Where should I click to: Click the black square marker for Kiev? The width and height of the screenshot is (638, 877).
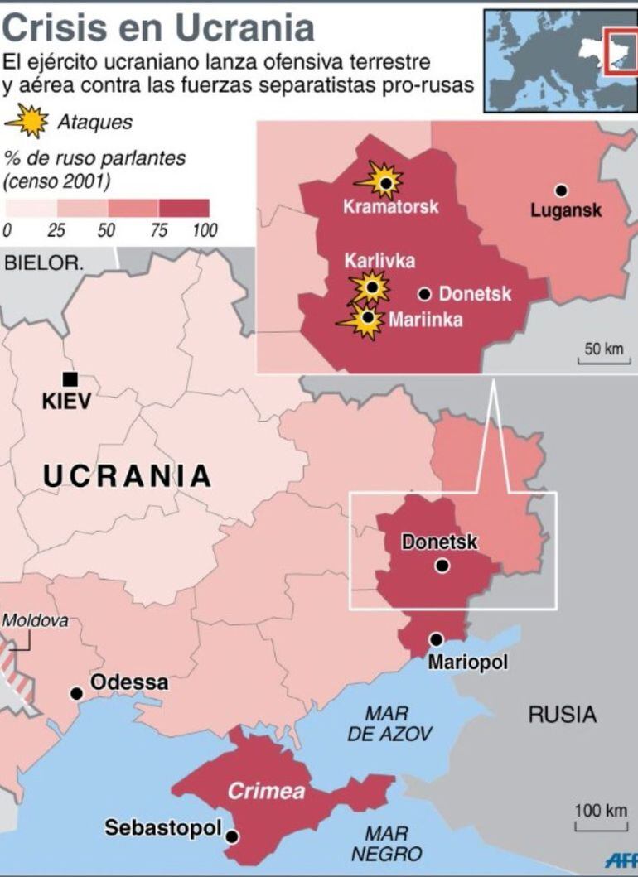click(x=70, y=379)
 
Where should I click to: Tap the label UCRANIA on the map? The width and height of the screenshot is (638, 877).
click(x=127, y=476)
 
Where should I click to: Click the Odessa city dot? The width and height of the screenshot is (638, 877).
click(x=77, y=693)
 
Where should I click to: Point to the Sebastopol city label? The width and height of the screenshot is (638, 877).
click(x=163, y=828)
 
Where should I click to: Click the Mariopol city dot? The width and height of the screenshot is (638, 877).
click(x=436, y=639)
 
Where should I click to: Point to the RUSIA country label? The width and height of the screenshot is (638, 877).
click(x=563, y=714)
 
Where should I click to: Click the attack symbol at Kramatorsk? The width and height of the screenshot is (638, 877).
click(x=384, y=180)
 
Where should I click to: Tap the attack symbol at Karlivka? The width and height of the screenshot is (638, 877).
click(x=371, y=287)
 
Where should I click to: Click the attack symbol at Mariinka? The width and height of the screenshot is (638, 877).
click(x=365, y=318)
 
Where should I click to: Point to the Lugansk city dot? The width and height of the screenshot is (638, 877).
click(x=562, y=190)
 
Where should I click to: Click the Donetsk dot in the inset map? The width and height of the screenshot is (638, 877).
click(x=425, y=293)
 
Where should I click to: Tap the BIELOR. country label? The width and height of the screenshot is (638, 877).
click(x=44, y=264)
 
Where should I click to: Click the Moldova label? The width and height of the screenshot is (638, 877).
click(x=35, y=620)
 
